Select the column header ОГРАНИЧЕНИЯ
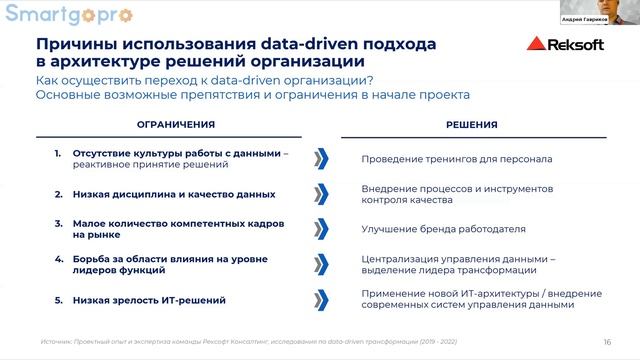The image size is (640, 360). click(x=175, y=125)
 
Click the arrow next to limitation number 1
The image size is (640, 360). click(x=320, y=159)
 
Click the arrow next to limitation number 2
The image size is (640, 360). click(x=320, y=194)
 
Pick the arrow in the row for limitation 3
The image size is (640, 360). click(x=320, y=229)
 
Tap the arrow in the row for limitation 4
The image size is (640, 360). click(x=320, y=264)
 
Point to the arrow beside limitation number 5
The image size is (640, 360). click(x=320, y=299)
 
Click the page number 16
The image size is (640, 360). click(x=607, y=340)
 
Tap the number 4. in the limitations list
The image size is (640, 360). click(x=59, y=258)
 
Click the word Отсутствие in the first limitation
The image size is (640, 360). click(x=99, y=153)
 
